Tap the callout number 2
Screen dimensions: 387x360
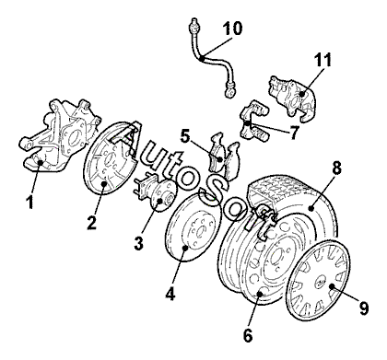click(91, 222)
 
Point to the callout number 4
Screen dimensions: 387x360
click(170, 293)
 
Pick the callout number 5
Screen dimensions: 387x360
click(185, 136)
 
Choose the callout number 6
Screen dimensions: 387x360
click(248, 335)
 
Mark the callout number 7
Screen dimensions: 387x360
click(294, 133)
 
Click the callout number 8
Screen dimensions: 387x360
click(336, 168)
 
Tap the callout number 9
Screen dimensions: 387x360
click(364, 308)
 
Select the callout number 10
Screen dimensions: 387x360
click(232, 29)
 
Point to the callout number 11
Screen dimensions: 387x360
click(322, 60)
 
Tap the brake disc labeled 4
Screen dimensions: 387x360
click(193, 227)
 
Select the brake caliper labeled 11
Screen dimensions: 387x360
click(292, 98)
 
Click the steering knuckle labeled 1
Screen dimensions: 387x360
click(60, 135)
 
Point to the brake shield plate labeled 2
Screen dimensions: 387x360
click(111, 158)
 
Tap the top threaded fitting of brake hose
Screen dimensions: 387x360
click(193, 26)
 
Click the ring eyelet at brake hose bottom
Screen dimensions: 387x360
click(229, 92)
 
